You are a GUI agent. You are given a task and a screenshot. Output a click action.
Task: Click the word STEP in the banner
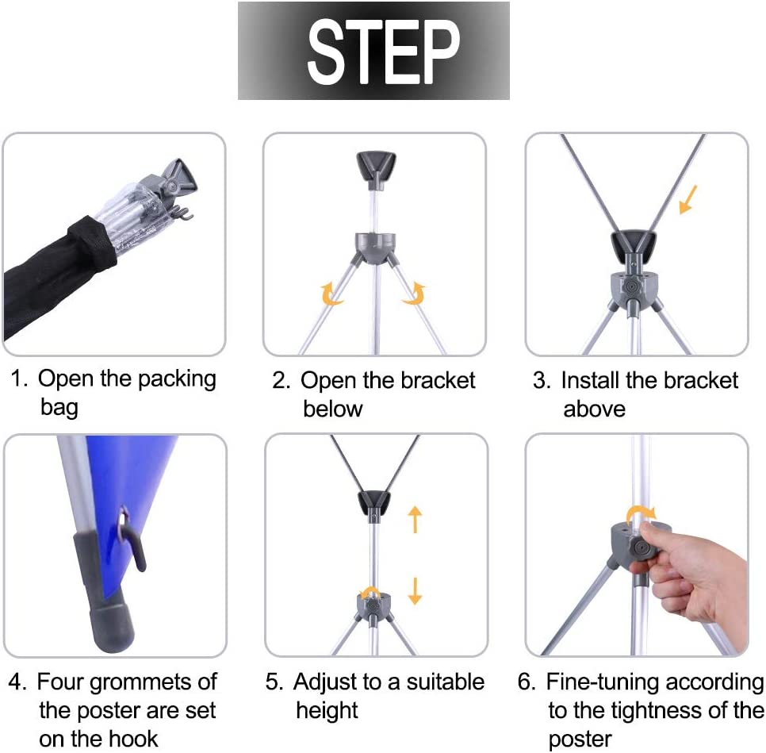(384, 52)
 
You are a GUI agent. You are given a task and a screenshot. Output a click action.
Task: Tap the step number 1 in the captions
(18, 378)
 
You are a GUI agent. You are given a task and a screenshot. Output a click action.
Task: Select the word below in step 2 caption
(333, 409)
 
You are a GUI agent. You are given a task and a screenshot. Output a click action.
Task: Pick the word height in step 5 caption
(327, 711)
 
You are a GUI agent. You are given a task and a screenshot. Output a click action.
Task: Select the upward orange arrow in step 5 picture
(415, 519)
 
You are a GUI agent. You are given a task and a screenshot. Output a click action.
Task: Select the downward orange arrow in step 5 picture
(415, 590)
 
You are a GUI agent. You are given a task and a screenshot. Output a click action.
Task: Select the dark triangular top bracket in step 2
(375, 169)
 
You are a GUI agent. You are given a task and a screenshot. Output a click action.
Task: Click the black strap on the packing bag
(93, 248)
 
